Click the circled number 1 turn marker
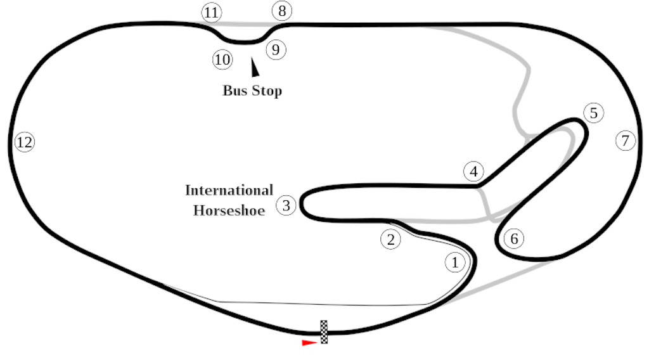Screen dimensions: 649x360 [x=455, y=262]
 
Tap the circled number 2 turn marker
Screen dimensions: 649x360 [x=390, y=239]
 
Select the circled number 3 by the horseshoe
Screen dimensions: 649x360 [x=286, y=205]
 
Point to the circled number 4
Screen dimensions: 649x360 [x=473, y=171]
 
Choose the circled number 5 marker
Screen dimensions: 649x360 [x=593, y=113]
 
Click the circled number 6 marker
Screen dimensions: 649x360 [x=514, y=239]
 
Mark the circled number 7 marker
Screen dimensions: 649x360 [x=626, y=141]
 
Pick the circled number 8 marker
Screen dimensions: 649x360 [x=282, y=11]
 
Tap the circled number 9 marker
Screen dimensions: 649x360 [x=276, y=49]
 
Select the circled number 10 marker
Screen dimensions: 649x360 [x=222, y=60]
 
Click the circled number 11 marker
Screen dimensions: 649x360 [x=211, y=13]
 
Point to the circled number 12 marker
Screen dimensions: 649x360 [x=25, y=142]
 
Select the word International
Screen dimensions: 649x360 [x=229, y=190]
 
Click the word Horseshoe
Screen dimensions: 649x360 [x=229, y=210]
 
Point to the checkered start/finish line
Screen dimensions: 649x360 [x=324, y=332]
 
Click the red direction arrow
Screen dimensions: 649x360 [x=309, y=343]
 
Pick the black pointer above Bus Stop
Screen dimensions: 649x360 [x=255, y=67]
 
